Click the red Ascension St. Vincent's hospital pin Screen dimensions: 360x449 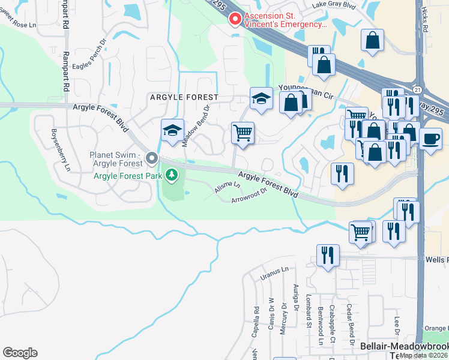235,19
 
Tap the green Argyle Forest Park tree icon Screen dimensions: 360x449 172,175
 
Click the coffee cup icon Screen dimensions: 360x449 430,139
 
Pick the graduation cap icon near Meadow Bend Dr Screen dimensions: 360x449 172,130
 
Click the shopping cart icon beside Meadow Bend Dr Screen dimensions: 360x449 243,133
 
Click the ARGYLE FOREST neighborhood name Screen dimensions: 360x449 183,97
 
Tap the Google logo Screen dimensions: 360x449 20,353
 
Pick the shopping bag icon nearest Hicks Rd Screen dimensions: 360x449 373,41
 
